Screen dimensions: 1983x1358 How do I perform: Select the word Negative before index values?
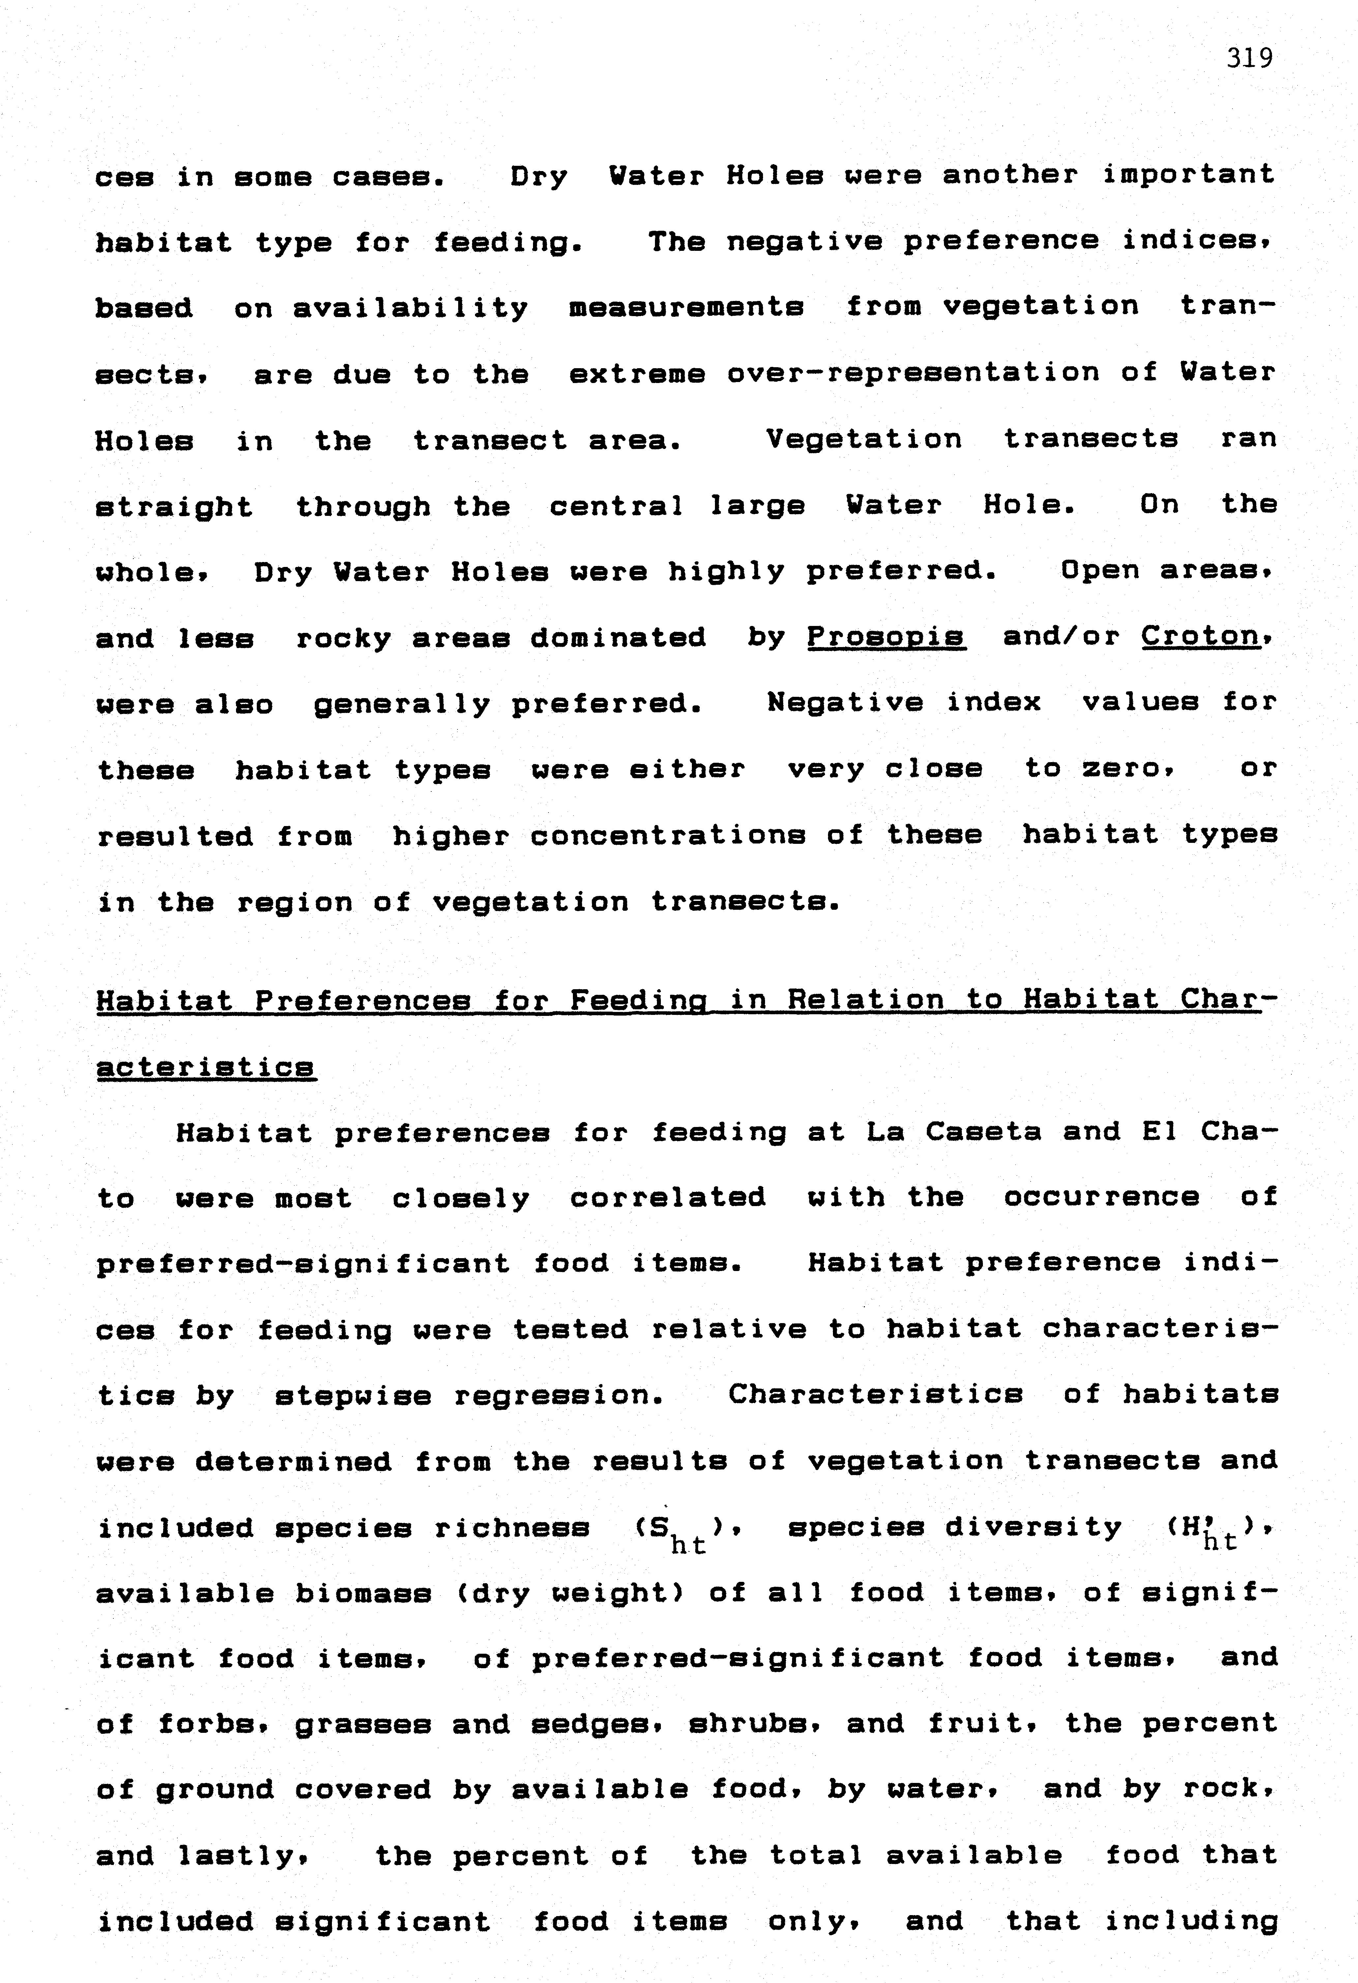pyautogui.click(x=844, y=702)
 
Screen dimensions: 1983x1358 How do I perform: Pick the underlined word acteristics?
pyautogui.click(x=206, y=1067)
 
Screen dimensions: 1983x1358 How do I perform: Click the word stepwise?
pyautogui.click(x=352, y=1396)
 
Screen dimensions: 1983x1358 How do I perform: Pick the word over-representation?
pyautogui.click(x=913, y=373)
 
